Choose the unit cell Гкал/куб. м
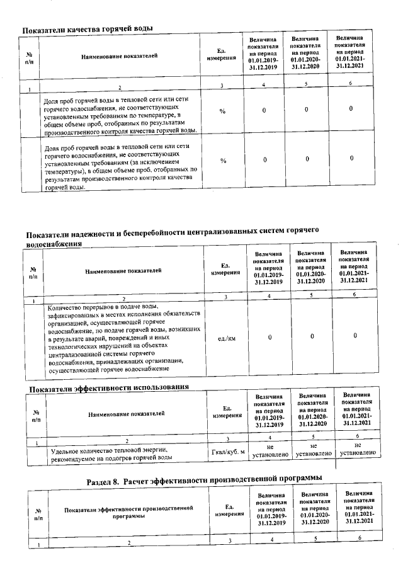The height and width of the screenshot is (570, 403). pyautogui.click(x=225, y=453)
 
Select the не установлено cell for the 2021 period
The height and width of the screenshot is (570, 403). pyautogui.click(x=358, y=448)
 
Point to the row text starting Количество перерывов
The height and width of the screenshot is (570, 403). pyautogui.click(x=124, y=338)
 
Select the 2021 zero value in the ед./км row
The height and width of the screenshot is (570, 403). pyautogui.click(x=355, y=336)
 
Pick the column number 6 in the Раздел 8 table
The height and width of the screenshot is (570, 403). pyautogui.click(x=360, y=538)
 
